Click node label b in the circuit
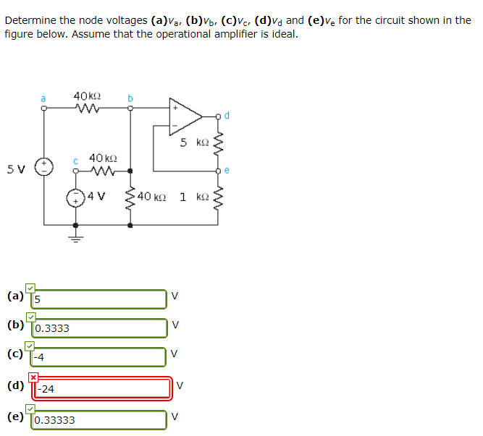point(130,98)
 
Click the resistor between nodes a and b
point(87,109)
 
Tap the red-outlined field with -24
point(102,388)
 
